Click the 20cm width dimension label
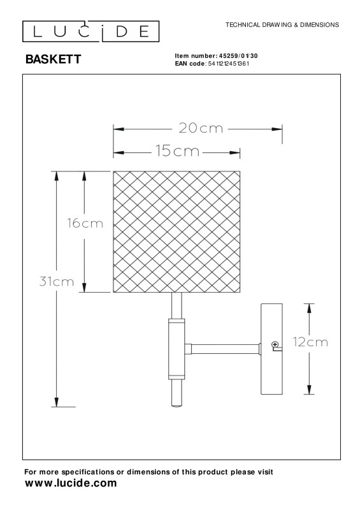coord(201,129)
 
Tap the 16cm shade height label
coord(85,223)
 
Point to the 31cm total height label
coord(58,281)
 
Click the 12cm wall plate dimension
coord(310,342)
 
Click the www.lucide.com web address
coord(70,483)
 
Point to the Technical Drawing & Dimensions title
coord(282,24)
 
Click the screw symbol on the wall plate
coord(276,345)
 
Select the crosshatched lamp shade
coord(176,231)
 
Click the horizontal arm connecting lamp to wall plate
coord(222,348)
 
